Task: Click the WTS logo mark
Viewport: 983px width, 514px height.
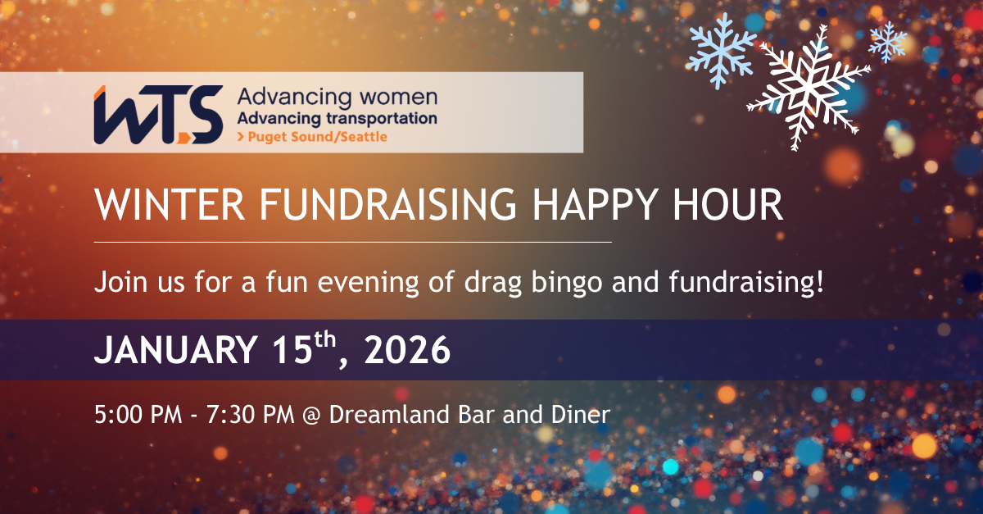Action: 157,114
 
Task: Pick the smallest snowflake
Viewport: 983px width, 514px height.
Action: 887,40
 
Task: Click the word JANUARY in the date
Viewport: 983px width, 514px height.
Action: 174,351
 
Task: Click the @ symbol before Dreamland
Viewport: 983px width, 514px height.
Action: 310,415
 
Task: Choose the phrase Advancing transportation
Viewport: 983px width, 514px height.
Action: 337,118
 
